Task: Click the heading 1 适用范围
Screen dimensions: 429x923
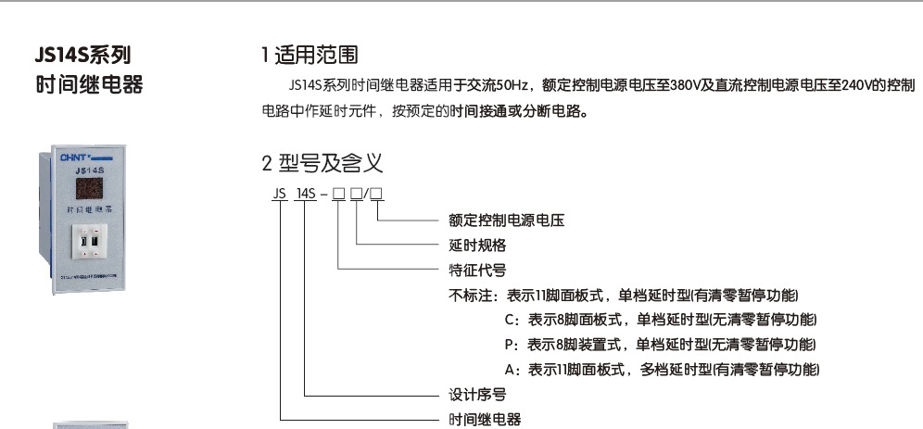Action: (x=310, y=55)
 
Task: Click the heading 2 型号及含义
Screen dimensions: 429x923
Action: (x=322, y=164)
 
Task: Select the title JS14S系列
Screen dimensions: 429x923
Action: (x=89, y=54)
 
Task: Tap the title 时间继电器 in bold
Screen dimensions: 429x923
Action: (x=89, y=85)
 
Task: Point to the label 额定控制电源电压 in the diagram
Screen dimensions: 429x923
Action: (x=506, y=221)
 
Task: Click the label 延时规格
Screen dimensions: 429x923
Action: (x=477, y=246)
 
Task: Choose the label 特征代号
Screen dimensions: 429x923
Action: (x=477, y=271)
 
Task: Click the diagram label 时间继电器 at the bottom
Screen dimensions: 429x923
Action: (x=485, y=419)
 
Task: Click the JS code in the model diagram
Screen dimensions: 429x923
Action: (x=279, y=195)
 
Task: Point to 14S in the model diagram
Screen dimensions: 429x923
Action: (x=305, y=195)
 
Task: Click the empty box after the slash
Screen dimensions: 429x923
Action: (x=376, y=195)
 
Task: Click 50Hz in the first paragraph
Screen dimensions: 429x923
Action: (x=511, y=85)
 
